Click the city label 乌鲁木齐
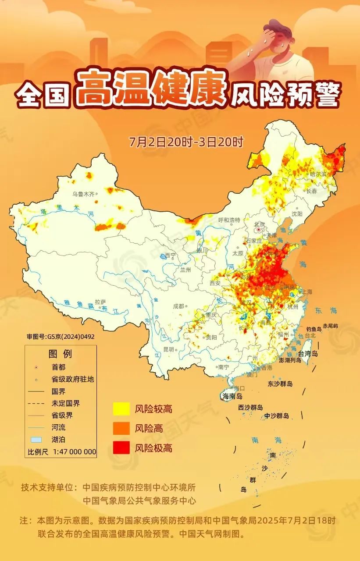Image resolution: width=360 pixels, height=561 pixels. tap(83, 194)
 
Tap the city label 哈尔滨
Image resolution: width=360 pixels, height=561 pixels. tap(318, 174)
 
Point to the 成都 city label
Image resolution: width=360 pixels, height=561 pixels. tap(178, 306)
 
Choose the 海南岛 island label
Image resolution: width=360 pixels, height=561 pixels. tap(232, 396)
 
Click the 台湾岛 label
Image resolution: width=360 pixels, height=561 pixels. tap(308, 353)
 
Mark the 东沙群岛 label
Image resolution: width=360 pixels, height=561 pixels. tap(280, 383)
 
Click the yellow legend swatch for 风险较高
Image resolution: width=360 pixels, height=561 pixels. tap(121, 409)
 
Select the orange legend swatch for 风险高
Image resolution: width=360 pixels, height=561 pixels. tap(121, 428)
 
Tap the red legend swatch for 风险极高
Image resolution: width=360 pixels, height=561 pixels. tap(121, 447)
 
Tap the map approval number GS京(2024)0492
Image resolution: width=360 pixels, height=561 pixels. tap(61, 337)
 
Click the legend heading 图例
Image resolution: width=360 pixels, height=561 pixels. tap(60, 354)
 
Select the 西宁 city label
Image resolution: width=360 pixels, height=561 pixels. tap(170, 256)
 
